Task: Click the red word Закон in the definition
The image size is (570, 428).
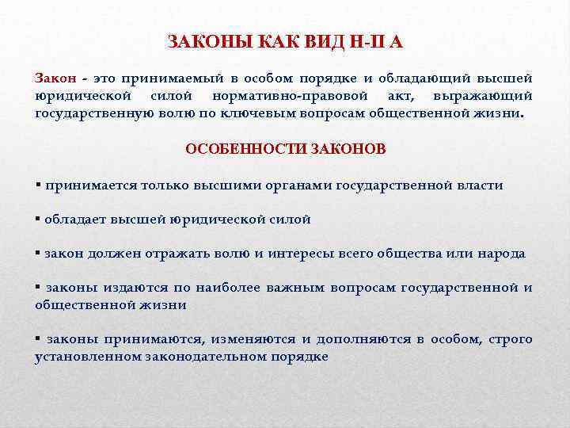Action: coord(55,78)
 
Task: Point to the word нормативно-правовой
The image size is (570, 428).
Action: coord(281,95)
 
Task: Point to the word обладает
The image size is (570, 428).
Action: coord(72,220)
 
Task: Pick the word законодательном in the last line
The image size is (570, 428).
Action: coord(202,357)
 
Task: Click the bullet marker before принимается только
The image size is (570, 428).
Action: coord(38,185)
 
